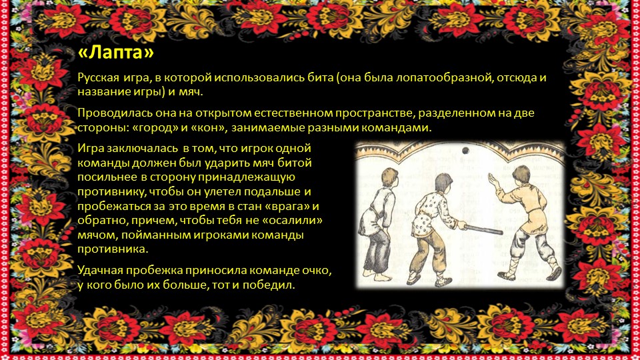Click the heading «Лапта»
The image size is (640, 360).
coord(115,53)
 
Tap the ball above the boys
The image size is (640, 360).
coord(465,151)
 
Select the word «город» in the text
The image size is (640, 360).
coord(155,127)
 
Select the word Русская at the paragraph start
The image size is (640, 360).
coord(99,77)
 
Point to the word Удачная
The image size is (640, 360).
coord(100,270)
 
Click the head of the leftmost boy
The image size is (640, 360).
coord(389,178)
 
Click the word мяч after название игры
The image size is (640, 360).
coord(191,92)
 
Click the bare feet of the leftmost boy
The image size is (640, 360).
coord(377,275)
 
